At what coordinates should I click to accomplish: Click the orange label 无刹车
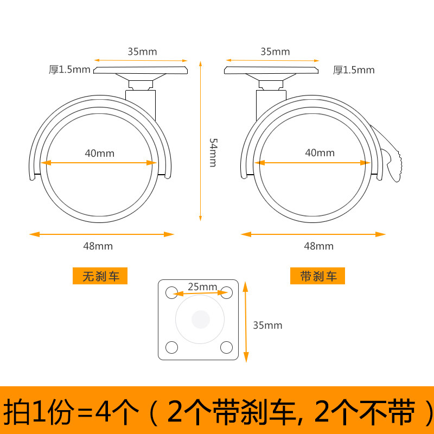point(100,276)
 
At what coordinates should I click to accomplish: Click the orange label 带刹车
point(318,276)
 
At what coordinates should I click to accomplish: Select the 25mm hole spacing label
point(202,286)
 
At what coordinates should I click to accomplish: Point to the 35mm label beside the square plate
point(267,325)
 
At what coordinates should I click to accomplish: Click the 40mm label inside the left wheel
point(100,153)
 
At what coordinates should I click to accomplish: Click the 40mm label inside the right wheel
point(320,153)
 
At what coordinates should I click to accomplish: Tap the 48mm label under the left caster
point(98,246)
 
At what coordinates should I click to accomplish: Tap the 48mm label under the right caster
point(318,246)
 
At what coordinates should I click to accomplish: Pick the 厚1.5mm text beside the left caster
point(70,69)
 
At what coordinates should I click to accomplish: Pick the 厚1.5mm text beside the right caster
point(354,69)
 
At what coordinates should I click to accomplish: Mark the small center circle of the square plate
point(200,319)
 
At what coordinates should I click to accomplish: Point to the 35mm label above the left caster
point(142,52)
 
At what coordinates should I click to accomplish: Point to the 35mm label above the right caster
point(275,52)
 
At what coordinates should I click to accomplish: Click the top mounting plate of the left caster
point(141,71)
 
